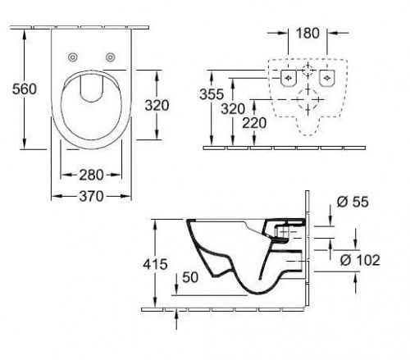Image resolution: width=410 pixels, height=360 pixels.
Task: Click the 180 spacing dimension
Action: point(307,34)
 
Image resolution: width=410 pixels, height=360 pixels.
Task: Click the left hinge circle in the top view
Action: point(72,57)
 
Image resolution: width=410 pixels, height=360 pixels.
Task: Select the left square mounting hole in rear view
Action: point(287,79)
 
